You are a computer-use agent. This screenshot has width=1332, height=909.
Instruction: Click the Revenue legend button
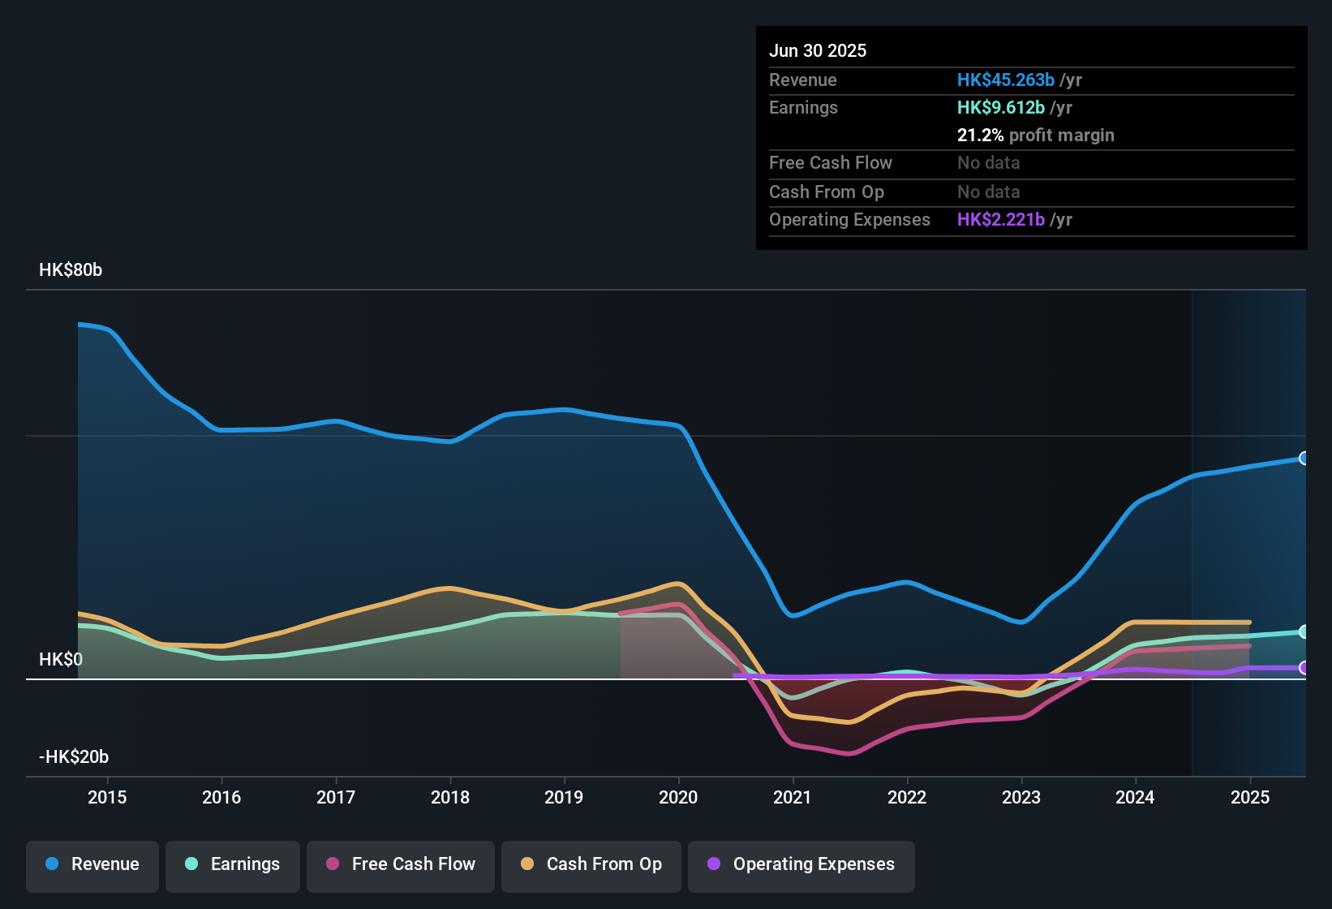point(92,864)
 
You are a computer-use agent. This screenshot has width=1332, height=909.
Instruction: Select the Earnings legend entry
point(233,864)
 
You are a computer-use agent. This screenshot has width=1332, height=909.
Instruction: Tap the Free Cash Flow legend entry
point(401,864)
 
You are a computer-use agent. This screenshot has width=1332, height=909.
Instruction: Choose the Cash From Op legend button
point(591,864)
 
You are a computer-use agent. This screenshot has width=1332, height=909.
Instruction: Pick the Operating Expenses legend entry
point(801,864)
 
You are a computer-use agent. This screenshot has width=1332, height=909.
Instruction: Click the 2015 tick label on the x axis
point(107,797)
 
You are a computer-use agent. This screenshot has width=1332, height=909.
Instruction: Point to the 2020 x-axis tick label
point(678,797)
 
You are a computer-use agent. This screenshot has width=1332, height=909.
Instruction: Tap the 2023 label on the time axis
point(1021,797)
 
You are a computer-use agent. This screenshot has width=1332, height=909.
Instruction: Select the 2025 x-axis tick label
point(1250,797)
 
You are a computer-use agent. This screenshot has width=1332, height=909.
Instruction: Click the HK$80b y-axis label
point(71,270)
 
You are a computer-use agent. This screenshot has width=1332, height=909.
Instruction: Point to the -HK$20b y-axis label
point(74,757)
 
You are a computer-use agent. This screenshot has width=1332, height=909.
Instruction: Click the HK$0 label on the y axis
point(61,660)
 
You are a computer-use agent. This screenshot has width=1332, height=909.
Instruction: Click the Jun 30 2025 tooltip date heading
point(818,51)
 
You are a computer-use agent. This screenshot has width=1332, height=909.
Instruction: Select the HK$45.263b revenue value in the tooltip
point(1006,80)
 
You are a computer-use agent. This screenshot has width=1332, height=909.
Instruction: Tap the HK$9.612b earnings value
point(1001,108)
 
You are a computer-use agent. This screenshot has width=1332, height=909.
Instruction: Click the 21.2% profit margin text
point(1035,136)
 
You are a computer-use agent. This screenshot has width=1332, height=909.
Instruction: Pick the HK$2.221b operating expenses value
point(1001,220)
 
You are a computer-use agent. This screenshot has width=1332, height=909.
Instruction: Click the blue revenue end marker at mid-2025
point(1304,459)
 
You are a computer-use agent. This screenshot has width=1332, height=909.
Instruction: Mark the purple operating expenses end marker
point(1304,668)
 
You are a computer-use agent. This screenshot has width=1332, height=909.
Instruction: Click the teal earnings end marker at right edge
point(1304,631)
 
